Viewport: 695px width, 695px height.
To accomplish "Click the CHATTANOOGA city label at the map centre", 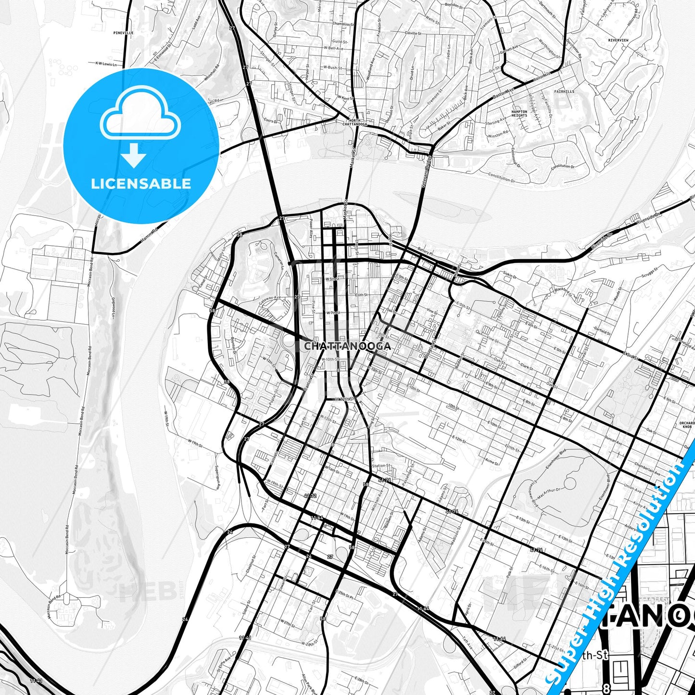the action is point(347,346).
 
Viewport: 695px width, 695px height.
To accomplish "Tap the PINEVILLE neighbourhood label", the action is point(123,33).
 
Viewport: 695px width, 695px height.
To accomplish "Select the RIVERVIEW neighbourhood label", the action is point(618,40).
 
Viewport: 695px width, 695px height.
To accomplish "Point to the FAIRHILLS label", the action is point(564,91).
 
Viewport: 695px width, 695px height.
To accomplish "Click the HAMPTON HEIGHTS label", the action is point(519,114).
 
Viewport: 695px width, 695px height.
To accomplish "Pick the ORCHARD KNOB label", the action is point(687,425).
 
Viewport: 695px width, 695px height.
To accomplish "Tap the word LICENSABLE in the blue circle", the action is point(141,184).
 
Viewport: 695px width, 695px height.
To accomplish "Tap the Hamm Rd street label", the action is point(149,236).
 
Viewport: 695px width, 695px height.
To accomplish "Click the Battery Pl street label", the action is point(426,252).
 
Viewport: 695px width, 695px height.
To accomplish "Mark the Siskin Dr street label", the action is point(509,277).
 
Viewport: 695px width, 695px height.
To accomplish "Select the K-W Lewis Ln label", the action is point(106,63).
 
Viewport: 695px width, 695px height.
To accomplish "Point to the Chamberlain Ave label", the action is point(647,469).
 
